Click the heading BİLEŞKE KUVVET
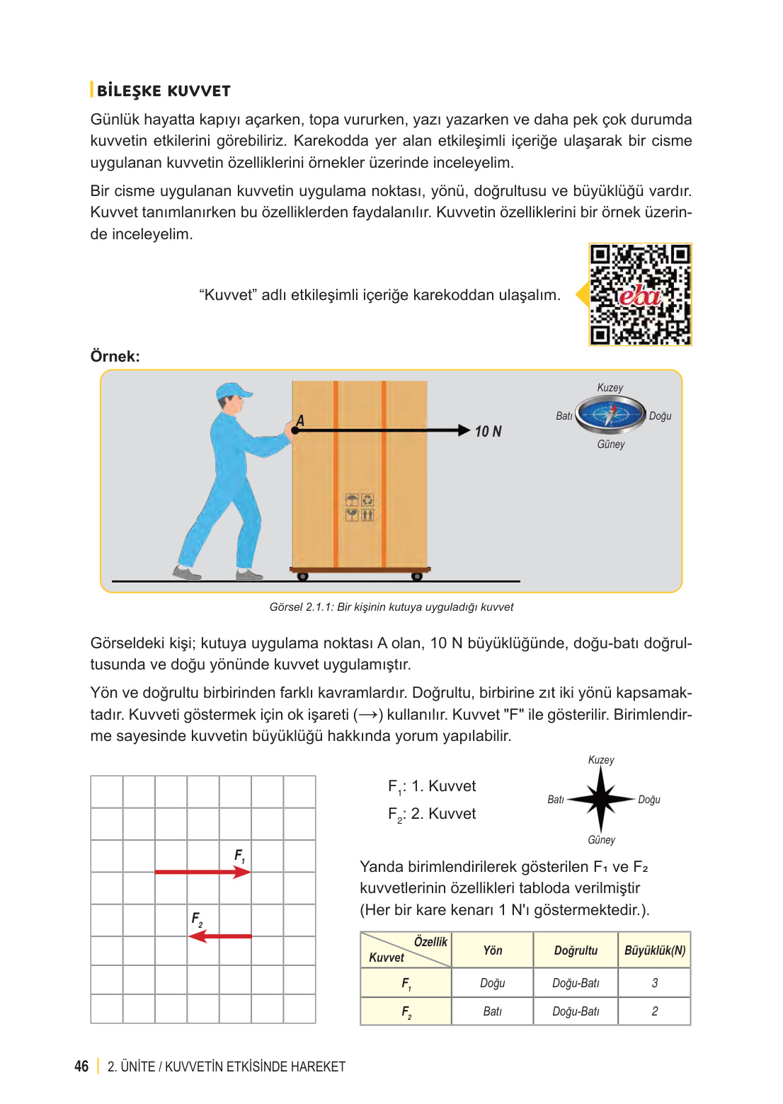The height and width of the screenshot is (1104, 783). [164, 91]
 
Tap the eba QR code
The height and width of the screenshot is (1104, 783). [640, 294]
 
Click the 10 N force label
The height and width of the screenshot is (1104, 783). [488, 432]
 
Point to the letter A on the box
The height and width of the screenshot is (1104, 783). [300, 421]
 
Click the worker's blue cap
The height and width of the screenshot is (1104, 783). [233, 391]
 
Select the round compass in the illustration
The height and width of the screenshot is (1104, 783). [610, 415]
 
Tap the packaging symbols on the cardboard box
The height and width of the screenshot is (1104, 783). [360, 507]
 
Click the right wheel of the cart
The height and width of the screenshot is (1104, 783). [417, 576]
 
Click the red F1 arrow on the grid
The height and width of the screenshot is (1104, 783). [202, 872]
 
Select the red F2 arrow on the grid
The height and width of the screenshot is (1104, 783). [220, 936]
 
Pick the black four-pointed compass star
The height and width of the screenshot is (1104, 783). [600, 799]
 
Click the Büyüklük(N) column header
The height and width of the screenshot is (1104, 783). [654, 950]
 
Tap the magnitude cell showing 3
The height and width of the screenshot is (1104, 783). [654, 983]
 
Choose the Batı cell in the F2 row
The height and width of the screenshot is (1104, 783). [492, 1011]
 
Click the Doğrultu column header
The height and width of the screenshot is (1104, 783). [576, 950]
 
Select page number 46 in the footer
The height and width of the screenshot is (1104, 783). [81, 1066]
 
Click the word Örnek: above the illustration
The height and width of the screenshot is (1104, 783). [115, 356]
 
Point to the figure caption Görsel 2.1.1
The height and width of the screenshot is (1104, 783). [391, 607]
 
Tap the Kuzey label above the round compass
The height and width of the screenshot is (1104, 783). [610, 388]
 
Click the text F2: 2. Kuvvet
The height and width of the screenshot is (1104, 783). [432, 814]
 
